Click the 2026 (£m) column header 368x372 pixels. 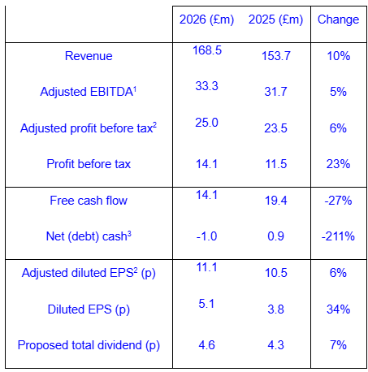[206, 20]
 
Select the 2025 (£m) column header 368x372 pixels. [275, 20]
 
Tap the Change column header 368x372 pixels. [338, 20]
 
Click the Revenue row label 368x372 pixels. [89, 56]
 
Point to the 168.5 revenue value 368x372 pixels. [207, 50]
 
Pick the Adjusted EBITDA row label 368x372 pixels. [89, 92]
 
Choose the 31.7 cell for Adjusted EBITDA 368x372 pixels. [275, 92]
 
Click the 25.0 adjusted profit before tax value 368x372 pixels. [206, 123]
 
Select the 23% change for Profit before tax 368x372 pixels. [338, 164]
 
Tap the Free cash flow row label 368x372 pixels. [89, 201]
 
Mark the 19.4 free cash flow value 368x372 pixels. [275, 201]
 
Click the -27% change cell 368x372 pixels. [338, 201]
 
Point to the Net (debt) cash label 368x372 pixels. [89, 236]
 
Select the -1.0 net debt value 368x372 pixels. [206, 236]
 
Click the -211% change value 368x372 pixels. [338, 236]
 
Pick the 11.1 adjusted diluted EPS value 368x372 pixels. [206, 267]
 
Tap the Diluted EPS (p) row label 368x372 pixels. [89, 309]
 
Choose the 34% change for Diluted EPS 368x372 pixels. [338, 309]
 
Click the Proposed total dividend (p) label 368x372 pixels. [89, 345]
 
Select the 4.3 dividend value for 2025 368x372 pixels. [275, 345]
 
